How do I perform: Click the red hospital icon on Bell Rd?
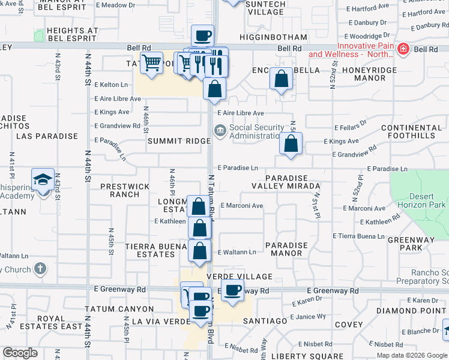[403, 49]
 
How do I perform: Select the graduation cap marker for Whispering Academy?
[43, 180]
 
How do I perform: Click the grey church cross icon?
[40, 269]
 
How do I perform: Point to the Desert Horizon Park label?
[427, 200]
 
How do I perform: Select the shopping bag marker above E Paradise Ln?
[291, 143]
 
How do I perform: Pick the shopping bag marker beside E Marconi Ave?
[198, 207]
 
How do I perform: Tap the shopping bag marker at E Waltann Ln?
[200, 251]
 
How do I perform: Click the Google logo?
[20, 353]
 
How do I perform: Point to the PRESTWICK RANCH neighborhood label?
[125, 190]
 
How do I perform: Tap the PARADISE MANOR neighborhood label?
[286, 249]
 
